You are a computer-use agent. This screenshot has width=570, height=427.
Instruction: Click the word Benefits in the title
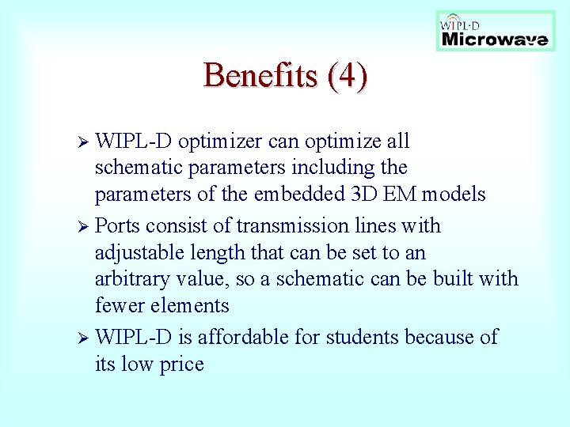[x=251, y=76]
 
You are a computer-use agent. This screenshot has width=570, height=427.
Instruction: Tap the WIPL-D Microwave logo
[x=496, y=31]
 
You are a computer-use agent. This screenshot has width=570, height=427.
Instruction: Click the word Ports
[x=116, y=226]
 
